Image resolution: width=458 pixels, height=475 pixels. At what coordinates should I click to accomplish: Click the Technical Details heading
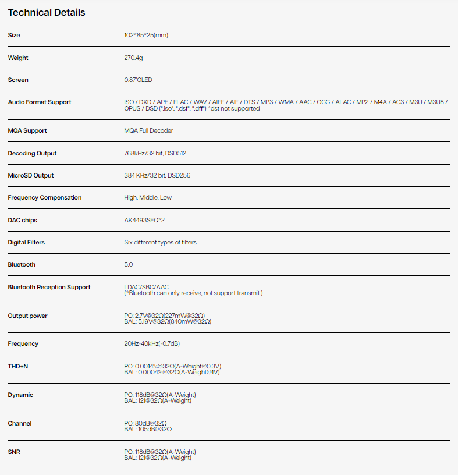[x=47, y=12]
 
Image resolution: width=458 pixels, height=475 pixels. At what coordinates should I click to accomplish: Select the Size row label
[x=14, y=35]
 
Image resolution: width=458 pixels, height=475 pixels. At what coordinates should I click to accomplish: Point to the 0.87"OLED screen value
[x=139, y=80]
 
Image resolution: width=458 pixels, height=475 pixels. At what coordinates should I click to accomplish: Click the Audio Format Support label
[x=40, y=102]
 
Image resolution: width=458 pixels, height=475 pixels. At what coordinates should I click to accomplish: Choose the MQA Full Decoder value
[x=148, y=130]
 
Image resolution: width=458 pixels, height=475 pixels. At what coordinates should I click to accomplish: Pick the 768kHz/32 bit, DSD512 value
[x=155, y=153]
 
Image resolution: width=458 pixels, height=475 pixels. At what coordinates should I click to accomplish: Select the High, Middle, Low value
[x=148, y=197]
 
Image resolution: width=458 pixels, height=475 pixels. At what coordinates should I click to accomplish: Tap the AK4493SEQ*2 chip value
[x=144, y=220]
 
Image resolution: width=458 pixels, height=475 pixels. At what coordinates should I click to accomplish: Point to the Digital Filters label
[x=26, y=242]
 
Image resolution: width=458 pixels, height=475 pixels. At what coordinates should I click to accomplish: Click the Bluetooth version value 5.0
[x=129, y=264]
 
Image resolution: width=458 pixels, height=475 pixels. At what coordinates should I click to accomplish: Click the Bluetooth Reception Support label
[x=49, y=287]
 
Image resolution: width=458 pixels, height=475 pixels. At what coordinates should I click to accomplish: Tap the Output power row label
[x=27, y=316]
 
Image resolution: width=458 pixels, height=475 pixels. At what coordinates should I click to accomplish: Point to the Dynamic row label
[x=20, y=395]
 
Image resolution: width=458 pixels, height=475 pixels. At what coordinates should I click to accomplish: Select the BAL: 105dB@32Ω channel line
[x=148, y=429]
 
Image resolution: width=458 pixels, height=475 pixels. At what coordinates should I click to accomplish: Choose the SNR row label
[x=14, y=452]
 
